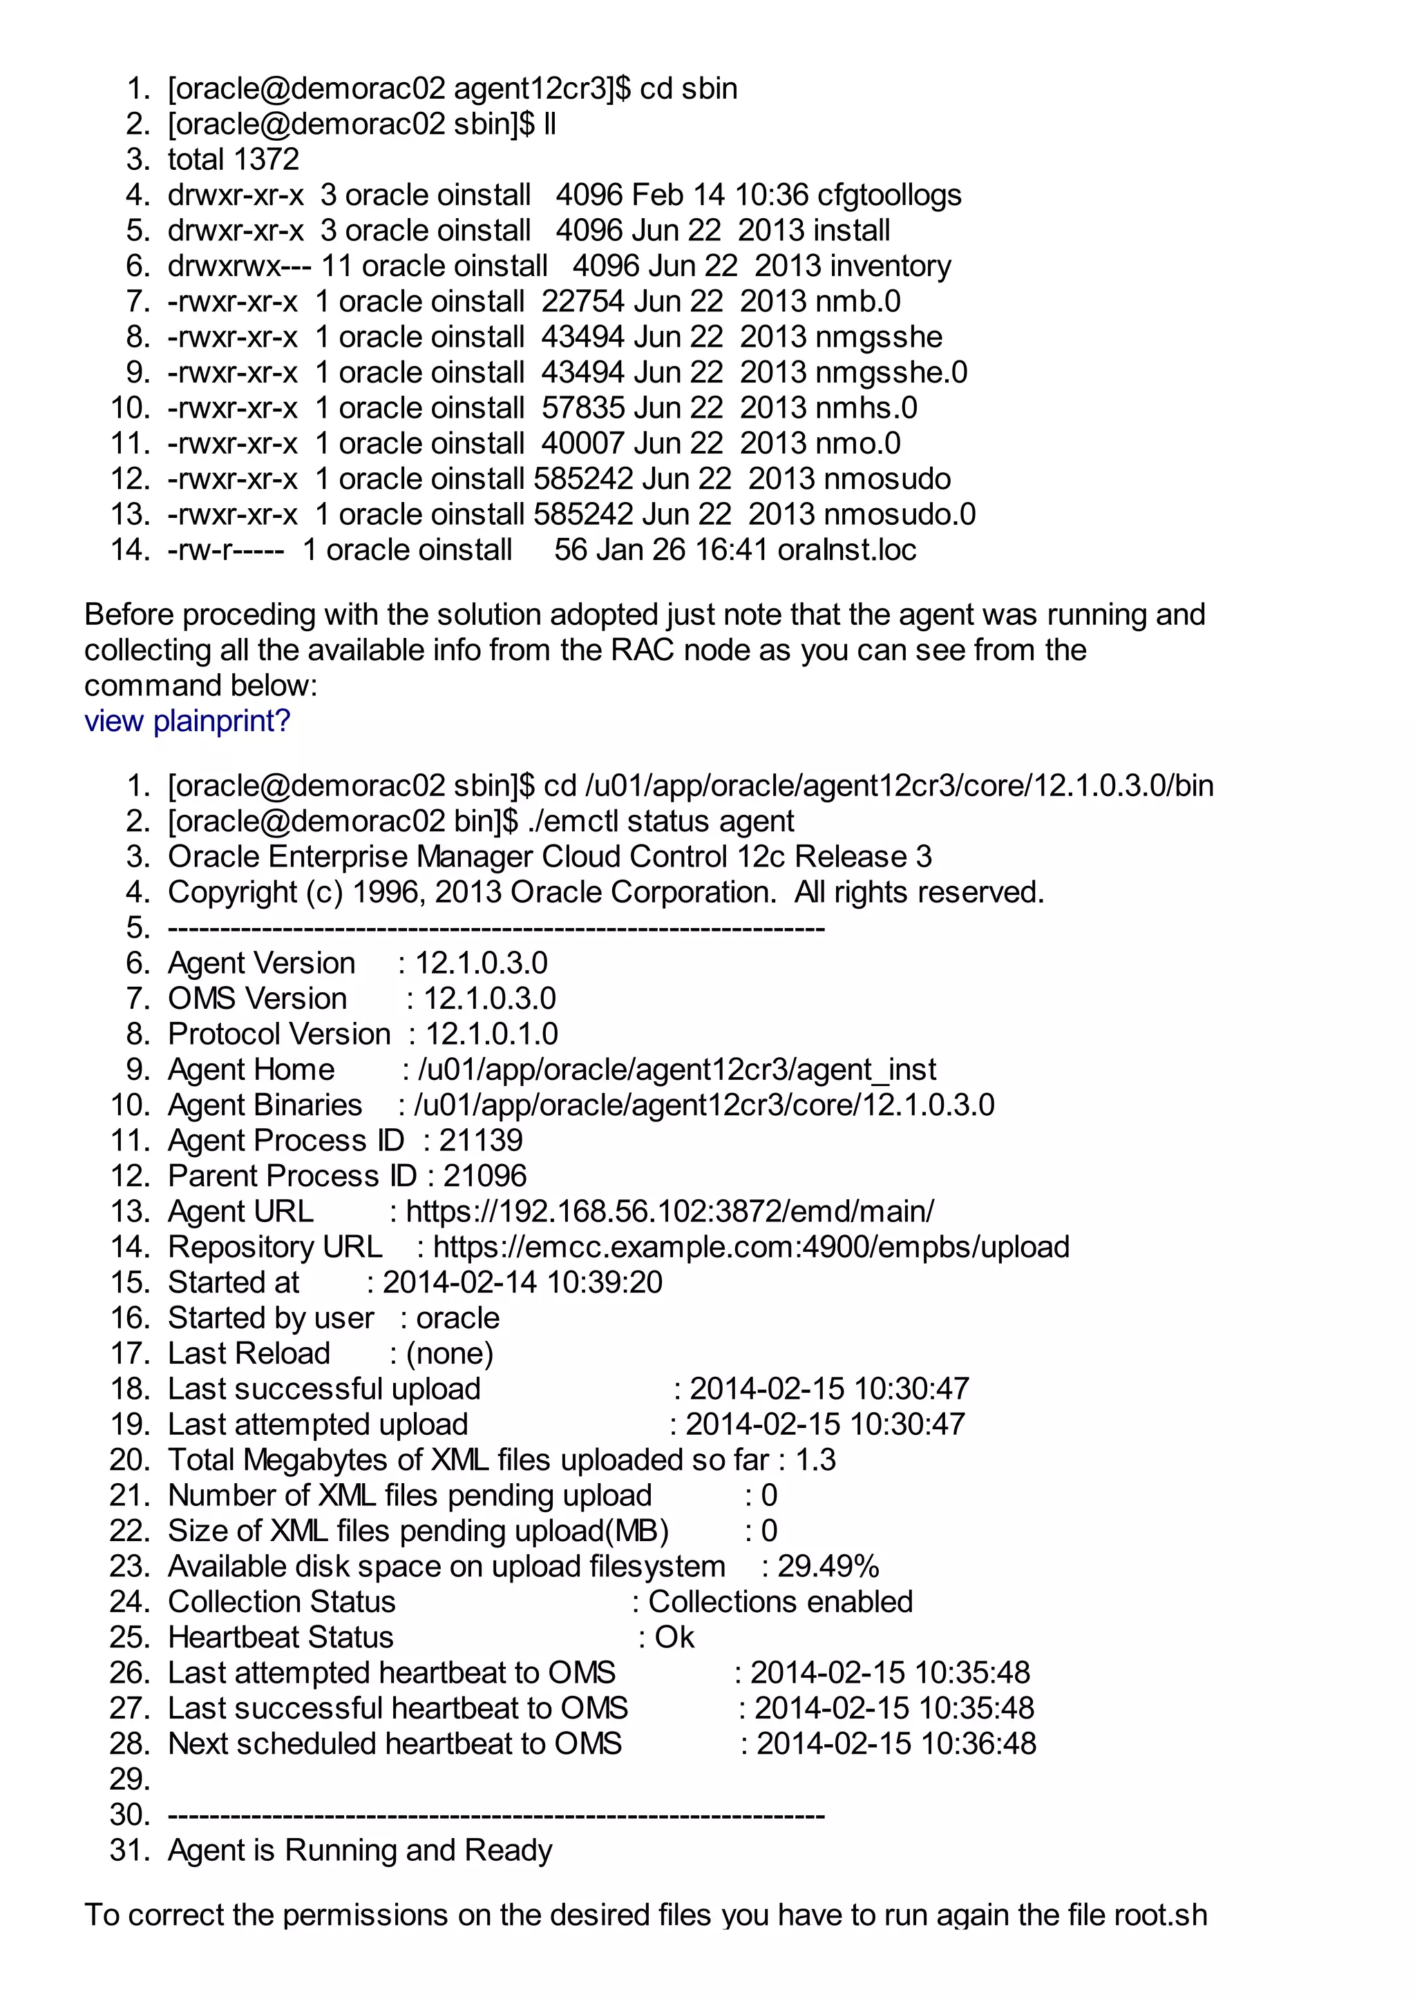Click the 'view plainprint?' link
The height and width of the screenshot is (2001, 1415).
(x=187, y=721)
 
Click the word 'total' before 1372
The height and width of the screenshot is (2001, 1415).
(x=196, y=159)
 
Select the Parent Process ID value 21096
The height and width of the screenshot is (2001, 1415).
(x=485, y=1176)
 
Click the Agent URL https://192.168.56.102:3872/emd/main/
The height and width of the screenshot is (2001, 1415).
(x=669, y=1211)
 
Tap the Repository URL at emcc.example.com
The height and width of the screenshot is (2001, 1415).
(x=750, y=1247)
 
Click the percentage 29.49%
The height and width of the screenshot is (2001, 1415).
(x=828, y=1566)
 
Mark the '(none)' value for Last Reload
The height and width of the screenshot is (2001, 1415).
(x=450, y=1353)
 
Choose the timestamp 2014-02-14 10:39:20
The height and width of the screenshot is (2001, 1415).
(x=522, y=1282)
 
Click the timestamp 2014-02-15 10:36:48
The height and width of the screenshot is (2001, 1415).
(x=896, y=1744)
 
